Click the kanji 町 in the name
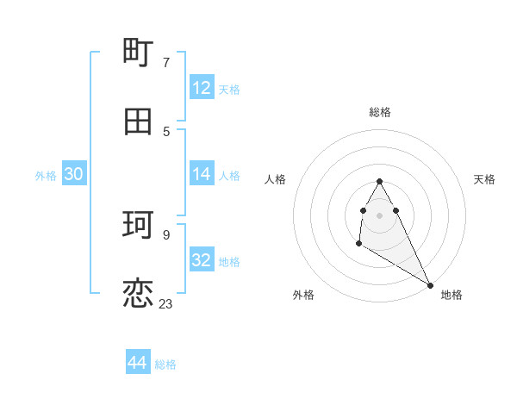point(139,53)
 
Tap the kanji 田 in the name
point(139,121)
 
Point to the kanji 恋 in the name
point(139,294)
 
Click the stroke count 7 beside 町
point(165,62)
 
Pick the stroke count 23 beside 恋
point(165,303)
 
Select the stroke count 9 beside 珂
point(165,234)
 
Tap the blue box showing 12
point(202,88)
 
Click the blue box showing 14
point(202,174)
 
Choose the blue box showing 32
point(202,260)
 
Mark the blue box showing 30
point(74,174)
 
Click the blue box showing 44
point(138,364)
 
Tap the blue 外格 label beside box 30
point(46,175)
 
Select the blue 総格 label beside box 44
point(165,364)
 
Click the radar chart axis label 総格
point(380,112)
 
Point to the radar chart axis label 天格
point(485,179)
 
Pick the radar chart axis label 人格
point(275,179)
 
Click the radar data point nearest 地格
point(430,284)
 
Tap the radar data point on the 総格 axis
point(380,181)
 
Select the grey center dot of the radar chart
point(380,215)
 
